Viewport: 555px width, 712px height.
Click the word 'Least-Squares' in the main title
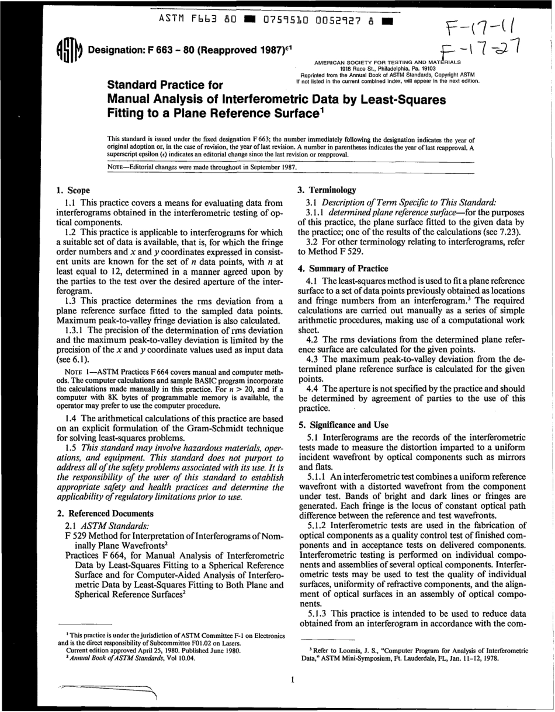398,100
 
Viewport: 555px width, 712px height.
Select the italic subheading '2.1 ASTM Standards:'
100,525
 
